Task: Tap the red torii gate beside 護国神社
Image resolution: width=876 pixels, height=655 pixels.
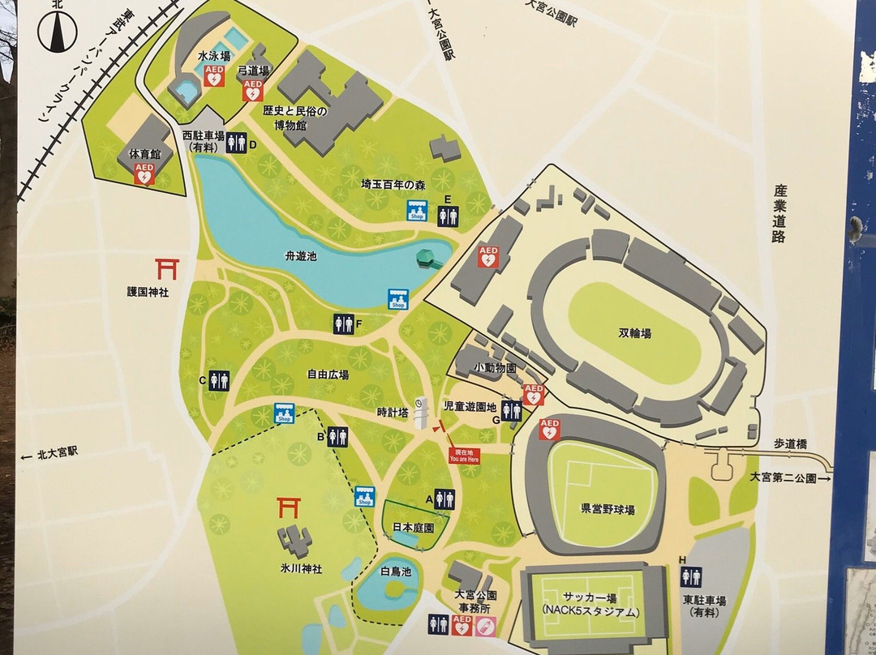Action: pyautogui.click(x=168, y=268)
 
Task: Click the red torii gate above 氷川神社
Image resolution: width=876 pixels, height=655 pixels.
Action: pyautogui.click(x=290, y=507)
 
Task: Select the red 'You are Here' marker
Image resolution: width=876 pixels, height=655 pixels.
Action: pyautogui.click(x=465, y=455)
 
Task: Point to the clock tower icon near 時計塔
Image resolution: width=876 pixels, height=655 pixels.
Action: pyautogui.click(x=420, y=413)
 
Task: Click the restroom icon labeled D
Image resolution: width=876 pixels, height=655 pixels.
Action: pyautogui.click(x=236, y=143)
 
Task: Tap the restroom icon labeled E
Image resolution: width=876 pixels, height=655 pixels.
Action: pyautogui.click(x=448, y=216)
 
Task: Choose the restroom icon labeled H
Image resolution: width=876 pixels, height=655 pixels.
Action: pyautogui.click(x=691, y=576)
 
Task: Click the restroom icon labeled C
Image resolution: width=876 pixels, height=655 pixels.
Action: pyautogui.click(x=219, y=380)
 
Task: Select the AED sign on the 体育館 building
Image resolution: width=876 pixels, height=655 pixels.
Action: pyautogui.click(x=144, y=173)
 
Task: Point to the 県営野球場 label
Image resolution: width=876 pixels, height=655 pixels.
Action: pyautogui.click(x=607, y=509)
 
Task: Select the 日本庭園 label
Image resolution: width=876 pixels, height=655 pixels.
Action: pyautogui.click(x=413, y=527)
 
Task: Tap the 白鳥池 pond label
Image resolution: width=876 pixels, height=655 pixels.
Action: pyautogui.click(x=397, y=572)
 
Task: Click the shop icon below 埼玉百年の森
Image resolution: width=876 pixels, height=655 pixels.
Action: pyautogui.click(x=418, y=212)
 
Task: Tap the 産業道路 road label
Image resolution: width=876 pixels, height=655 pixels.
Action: pyautogui.click(x=780, y=213)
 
